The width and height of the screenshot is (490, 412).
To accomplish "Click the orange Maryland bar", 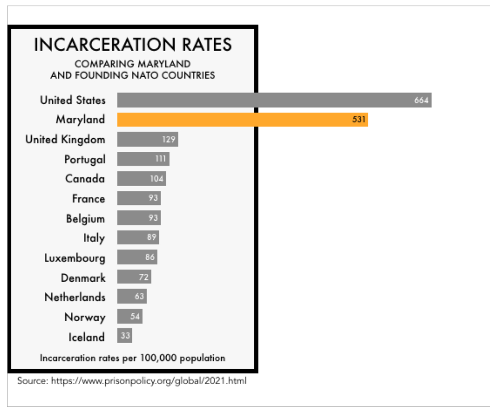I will pos(242,120).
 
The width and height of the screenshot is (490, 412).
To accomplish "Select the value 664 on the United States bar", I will pos(421,100).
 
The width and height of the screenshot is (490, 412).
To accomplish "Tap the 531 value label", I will pos(359,119).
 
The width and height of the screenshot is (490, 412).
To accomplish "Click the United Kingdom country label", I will pos(65,139).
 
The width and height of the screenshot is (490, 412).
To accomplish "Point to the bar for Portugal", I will pos(143,159).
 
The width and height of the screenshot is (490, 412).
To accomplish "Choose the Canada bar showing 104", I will pos(141,179).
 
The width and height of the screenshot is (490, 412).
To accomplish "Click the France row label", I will pos(88,198).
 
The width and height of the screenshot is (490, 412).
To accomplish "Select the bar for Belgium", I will pos(139,218).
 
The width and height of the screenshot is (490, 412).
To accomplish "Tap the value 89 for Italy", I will pos(152,237).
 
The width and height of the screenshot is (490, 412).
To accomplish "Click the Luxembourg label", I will pos(75,258).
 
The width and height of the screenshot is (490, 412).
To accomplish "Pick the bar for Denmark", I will pos(134,277).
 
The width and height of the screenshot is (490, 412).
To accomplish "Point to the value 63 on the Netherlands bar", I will pos(139,296).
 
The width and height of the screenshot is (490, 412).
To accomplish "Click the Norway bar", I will pos(129,317).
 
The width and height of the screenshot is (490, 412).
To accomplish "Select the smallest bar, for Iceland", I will pos(124,336).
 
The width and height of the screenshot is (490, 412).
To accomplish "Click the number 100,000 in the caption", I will pos(158,358).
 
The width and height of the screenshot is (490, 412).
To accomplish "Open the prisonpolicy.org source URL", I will pos(149,381).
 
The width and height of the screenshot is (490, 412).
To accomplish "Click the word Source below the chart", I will pos(32,381).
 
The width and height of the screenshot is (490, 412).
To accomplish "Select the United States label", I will pos(73,100).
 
